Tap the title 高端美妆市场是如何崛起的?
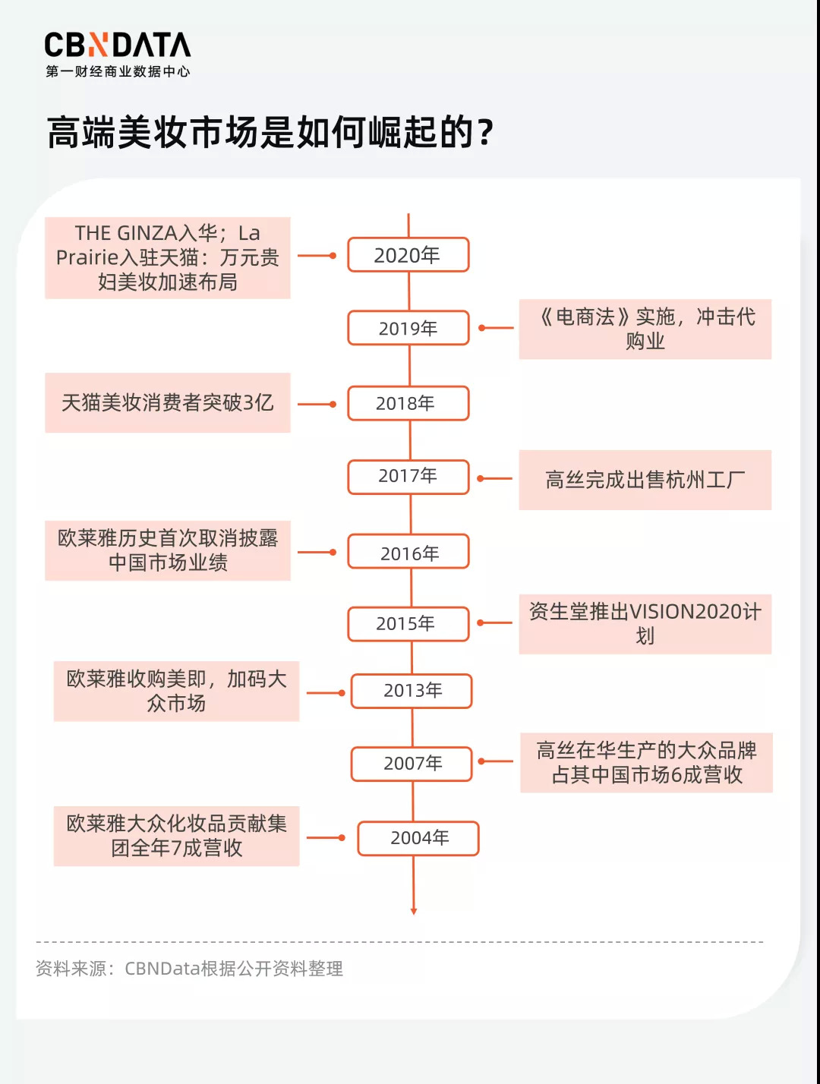click(270, 133)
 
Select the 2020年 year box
click(408, 255)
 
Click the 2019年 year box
click(408, 328)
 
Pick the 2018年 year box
click(408, 403)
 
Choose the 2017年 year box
click(408, 477)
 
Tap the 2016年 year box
click(408, 553)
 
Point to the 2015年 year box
click(408, 624)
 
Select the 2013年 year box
click(412, 691)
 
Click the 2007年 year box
click(412, 764)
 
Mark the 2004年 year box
click(418, 838)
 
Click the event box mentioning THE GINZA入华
click(168, 257)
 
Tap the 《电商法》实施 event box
click(645, 329)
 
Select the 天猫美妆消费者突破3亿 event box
click(168, 402)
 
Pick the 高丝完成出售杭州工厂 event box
click(645, 480)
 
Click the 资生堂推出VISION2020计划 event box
click(645, 624)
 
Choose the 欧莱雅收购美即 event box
click(176, 691)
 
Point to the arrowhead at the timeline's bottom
click(414, 910)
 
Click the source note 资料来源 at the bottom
click(190, 969)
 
